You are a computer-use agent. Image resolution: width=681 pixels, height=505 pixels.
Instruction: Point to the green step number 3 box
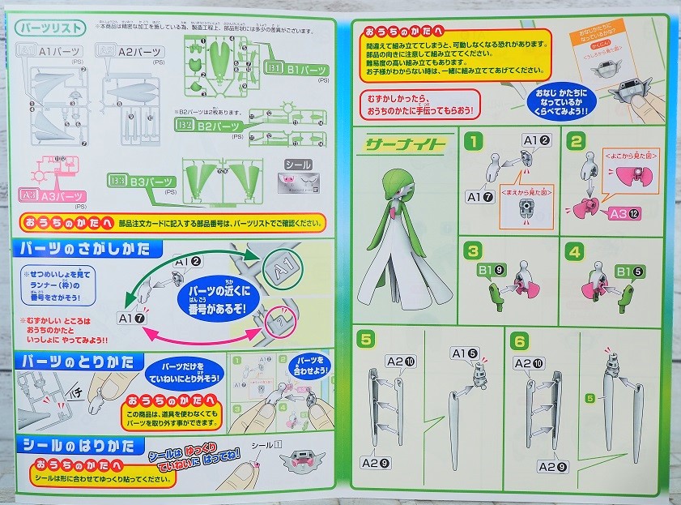coord(473,251)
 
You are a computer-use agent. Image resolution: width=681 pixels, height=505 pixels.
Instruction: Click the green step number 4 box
coord(575,251)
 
